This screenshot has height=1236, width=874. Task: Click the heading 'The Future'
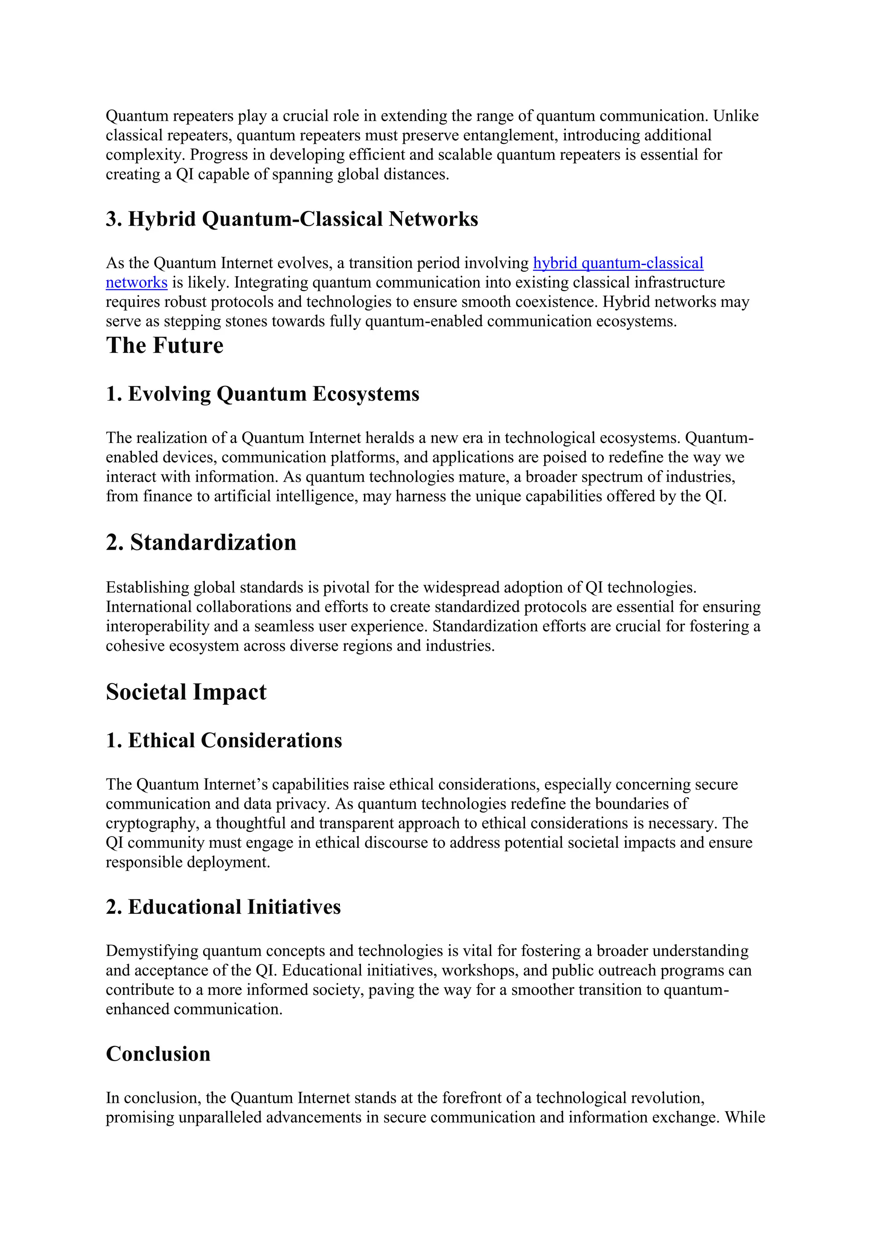[164, 346]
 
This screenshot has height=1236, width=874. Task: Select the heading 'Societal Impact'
[186, 692]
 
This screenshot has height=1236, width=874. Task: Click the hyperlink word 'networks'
[136, 283]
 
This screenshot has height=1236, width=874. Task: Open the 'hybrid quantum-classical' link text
[618, 263]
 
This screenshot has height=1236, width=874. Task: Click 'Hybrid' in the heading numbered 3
[161, 220]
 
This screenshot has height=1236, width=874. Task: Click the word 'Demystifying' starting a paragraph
[152, 951]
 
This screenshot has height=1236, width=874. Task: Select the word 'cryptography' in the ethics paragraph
[150, 824]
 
